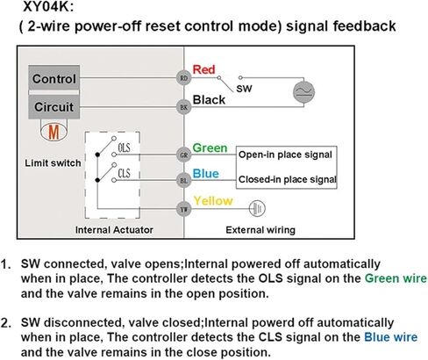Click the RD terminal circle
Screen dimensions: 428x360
(x=183, y=78)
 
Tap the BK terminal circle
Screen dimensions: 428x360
(x=183, y=107)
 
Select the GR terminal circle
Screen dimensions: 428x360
(x=183, y=155)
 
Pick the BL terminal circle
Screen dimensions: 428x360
(x=183, y=181)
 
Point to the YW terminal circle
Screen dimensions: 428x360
(x=183, y=209)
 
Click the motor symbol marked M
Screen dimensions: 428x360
(x=53, y=132)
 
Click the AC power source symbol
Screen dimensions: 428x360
(x=303, y=91)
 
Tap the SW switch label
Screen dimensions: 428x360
(x=244, y=89)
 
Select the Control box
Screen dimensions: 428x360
(x=54, y=78)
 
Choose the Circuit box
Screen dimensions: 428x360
(x=54, y=107)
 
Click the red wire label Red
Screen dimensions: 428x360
(x=203, y=69)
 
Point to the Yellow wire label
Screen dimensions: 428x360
(x=213, y=201)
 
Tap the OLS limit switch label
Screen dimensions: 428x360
(x=124, y=148)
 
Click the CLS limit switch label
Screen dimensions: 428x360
(x=124, y=173)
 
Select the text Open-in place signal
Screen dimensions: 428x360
(x=285, y=155)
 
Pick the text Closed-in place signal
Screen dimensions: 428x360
(x=288, y=179)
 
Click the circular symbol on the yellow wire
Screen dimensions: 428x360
(x=257, y=208)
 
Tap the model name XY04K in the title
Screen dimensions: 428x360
(x=46, y=7)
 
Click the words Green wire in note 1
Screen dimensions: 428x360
(x=396, y=278)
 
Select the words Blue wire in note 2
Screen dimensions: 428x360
(x=391, y=337)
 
